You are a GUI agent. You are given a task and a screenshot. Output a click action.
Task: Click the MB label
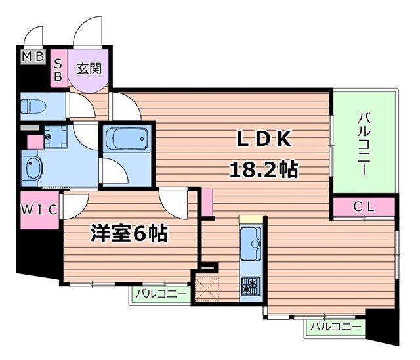click(x=32, y=57)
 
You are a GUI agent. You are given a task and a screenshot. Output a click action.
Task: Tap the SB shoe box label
click(x=58, y=69)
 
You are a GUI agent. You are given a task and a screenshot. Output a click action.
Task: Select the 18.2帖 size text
click(x=263, y=169)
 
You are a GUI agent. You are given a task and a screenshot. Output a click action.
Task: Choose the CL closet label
click(x=364, y=208)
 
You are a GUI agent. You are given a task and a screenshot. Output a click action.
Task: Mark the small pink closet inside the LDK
click(x=207, y=202)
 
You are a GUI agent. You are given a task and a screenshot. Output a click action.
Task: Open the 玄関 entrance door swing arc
click(x=88, y=31)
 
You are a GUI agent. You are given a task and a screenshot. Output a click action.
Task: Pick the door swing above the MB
click(x=33, y=35)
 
